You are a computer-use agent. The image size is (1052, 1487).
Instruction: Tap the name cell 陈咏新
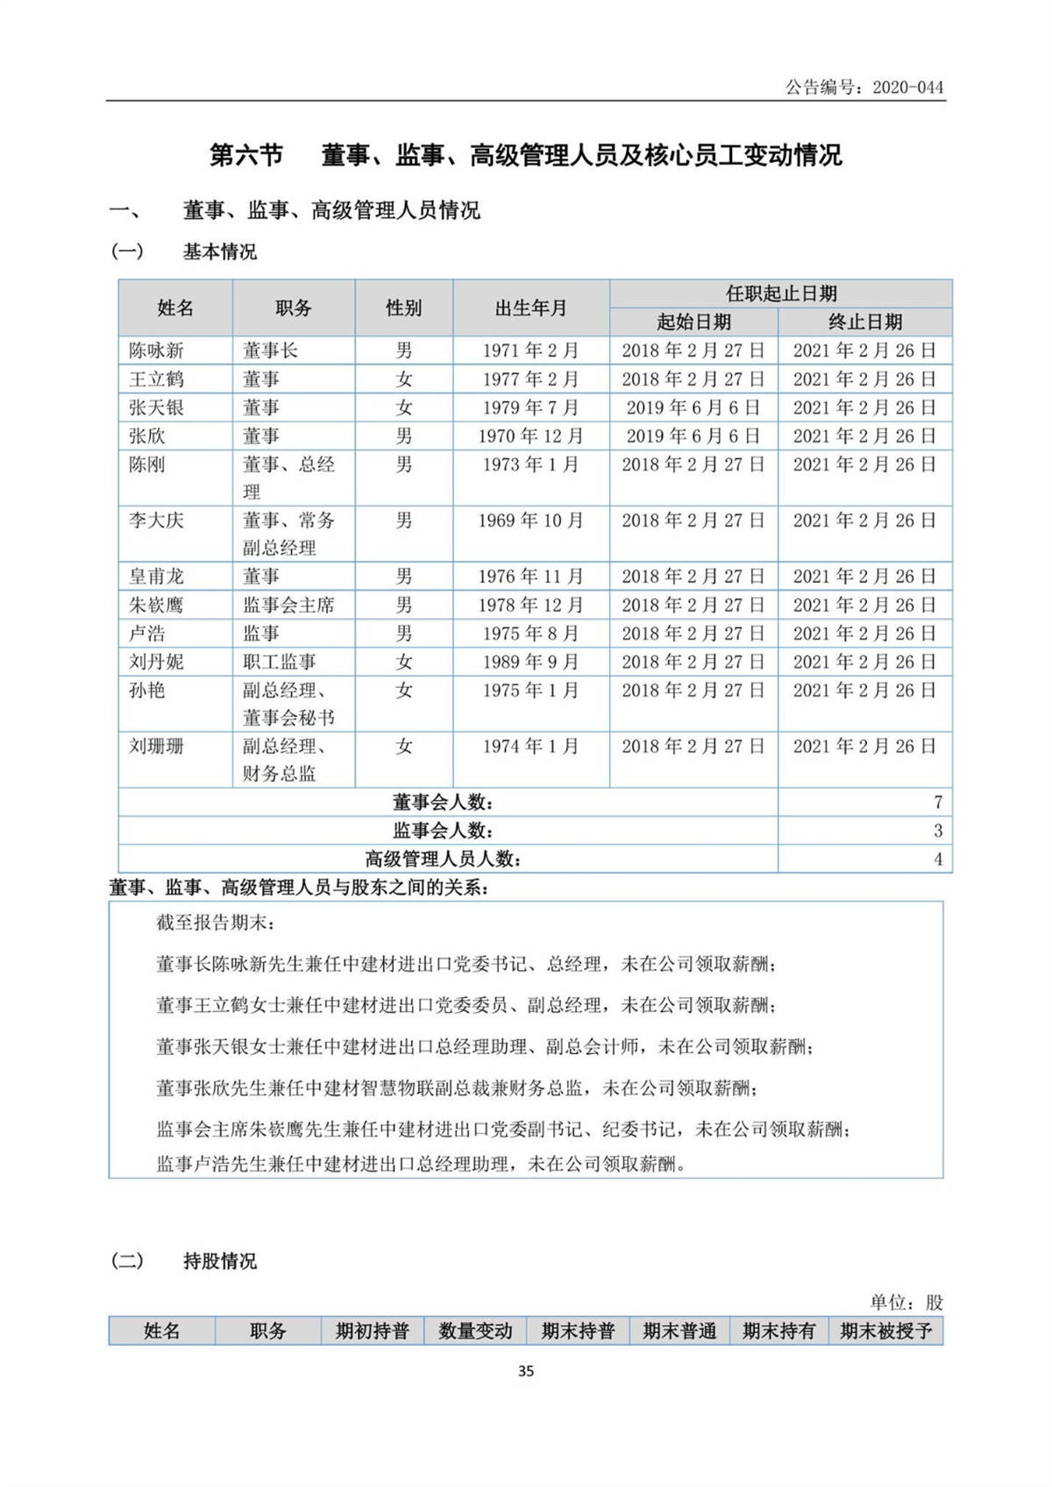click(x=156, y=351)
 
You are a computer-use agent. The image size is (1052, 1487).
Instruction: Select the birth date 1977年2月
click(x=530, y=379)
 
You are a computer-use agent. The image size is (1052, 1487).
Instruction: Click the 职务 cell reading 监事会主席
click(x=288, y=605)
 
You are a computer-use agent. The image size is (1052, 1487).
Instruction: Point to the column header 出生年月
click(x=530, y=308)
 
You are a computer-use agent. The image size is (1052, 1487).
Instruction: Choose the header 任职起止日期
click(x=780, y=294)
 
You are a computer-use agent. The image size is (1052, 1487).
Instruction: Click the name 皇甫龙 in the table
click(x=156, y=577)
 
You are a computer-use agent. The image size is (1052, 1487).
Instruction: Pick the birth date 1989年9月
click(x=530, y=662)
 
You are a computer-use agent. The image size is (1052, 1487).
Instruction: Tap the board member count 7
click(x=937, y=802)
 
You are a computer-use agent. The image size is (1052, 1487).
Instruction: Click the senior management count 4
click(x=937, y=859)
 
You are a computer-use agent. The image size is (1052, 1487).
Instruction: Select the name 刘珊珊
click(x=156, y=747)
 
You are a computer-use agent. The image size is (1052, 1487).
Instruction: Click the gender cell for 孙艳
click(x=403, y=690)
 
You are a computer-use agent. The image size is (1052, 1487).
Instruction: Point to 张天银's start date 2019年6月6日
click(x=693, y=407)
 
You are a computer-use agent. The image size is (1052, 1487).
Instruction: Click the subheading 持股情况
click(x=219, y=1261)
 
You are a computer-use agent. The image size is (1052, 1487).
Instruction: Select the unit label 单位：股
click(x=906, y=1302)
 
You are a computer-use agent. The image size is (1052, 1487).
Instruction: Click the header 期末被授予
click(x=885, y=1331)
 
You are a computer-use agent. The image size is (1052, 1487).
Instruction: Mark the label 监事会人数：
click(x=443, y=831)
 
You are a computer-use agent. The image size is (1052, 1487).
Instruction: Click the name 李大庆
click(x=156, y=520)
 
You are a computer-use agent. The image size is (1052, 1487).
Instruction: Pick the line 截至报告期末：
click(x=216, y=923)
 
